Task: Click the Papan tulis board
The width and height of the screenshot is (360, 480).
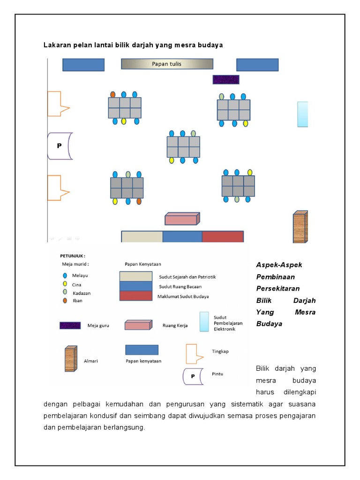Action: (x=167, y=64)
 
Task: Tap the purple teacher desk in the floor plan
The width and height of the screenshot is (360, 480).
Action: (x=226, y=80)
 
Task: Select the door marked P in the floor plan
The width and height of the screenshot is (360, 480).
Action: (x=60, y=146)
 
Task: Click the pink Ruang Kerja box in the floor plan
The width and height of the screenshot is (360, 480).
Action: (x=182, y=219)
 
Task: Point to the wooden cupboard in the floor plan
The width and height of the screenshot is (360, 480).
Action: (x=300, y=226)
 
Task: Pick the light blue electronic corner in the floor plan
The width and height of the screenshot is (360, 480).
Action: (x=303, y=114)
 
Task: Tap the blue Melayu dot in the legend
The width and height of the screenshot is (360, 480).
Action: (x=65, y=276)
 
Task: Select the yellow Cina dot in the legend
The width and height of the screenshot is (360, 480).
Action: (x=65, y=284)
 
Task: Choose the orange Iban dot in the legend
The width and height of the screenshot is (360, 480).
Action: (x=65, y=300)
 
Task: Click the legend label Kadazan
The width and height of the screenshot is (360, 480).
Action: (x=82, y=293)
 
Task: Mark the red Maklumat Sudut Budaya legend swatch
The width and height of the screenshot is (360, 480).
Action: (x=135, y=296)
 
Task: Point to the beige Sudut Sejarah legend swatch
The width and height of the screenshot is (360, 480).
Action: (x=135, y=276)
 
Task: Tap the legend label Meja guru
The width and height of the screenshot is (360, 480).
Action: (x=98, y=325)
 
